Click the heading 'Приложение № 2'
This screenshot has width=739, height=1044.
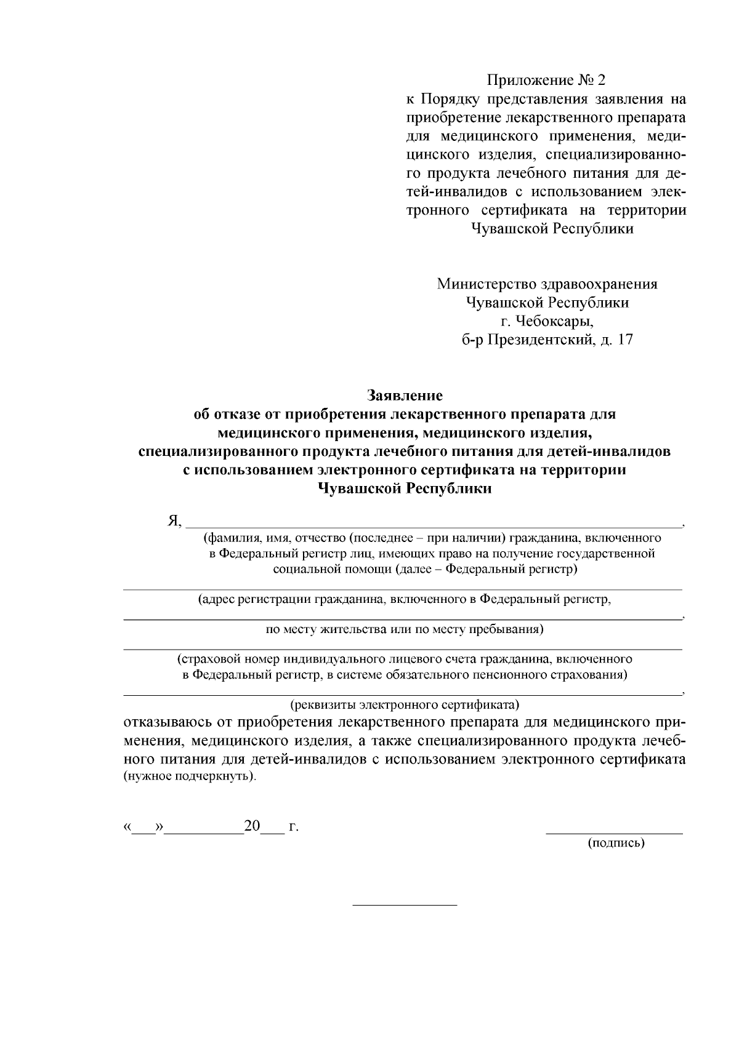(x=547, y=80)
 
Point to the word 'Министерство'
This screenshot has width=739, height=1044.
(x=487, y=284)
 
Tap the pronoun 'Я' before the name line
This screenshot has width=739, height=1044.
(x=173, y=521)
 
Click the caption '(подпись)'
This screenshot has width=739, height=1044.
(x=616, y=843)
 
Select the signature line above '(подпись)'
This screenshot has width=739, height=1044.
(x=614, y=833)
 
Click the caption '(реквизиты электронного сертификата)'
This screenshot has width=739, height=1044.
(x=404, y=703)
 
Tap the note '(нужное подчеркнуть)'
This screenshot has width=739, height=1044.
(x=190, y=776)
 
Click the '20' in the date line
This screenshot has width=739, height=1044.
(x=252, y=826)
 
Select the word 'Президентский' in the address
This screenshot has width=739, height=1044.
(x=541, y=340)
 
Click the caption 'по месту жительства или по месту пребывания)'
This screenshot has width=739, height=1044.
(x=404, y=629)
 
